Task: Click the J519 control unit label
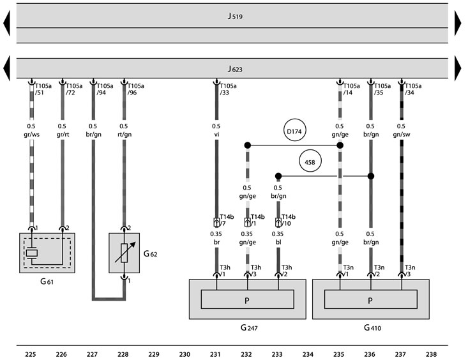point(235,16)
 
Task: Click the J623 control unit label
point(235,69)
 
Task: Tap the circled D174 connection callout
point(294,130)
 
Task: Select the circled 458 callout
point(310,161)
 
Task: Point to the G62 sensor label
point(150,254)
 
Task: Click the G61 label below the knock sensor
point(47,281)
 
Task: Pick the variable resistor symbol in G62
point(125,253)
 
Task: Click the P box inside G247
point(248,299)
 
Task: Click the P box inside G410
point(371,299)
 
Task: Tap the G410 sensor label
point(372,327)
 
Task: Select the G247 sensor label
point(249,327)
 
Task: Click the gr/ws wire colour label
point(32,134)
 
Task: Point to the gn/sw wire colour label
point(402,134)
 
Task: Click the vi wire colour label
point(216,134)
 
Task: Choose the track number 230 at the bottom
point(185,354)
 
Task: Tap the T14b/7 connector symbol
point(216,222)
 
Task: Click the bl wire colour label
point(278,242)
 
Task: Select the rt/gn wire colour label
point(125,134)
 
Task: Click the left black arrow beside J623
point(6,68)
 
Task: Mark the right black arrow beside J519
point(458,23)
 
